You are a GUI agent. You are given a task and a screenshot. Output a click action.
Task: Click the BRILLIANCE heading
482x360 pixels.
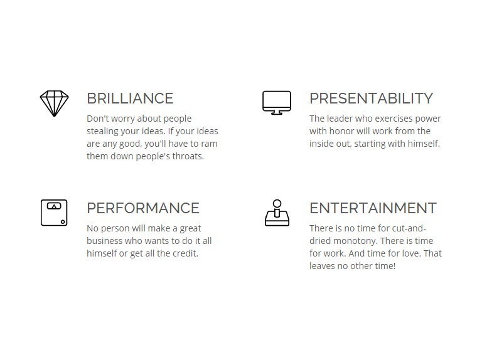(x=130, y=98)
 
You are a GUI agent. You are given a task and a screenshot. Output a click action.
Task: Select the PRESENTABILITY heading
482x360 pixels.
(x=371, y=98)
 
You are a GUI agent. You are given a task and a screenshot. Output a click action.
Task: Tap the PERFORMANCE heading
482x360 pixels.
(x=143, y=208)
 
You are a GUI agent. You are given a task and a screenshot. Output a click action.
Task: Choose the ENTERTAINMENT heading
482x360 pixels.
(x=373, y=208)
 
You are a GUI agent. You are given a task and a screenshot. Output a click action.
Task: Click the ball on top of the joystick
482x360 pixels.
(x=277, y=204)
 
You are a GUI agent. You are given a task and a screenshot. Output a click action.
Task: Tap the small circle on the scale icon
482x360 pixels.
(x=63, y=222)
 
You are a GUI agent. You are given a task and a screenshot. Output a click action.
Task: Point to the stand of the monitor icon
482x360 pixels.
(x=277, y=113)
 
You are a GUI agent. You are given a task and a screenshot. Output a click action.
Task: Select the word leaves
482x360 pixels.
(x=322, y=266)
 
